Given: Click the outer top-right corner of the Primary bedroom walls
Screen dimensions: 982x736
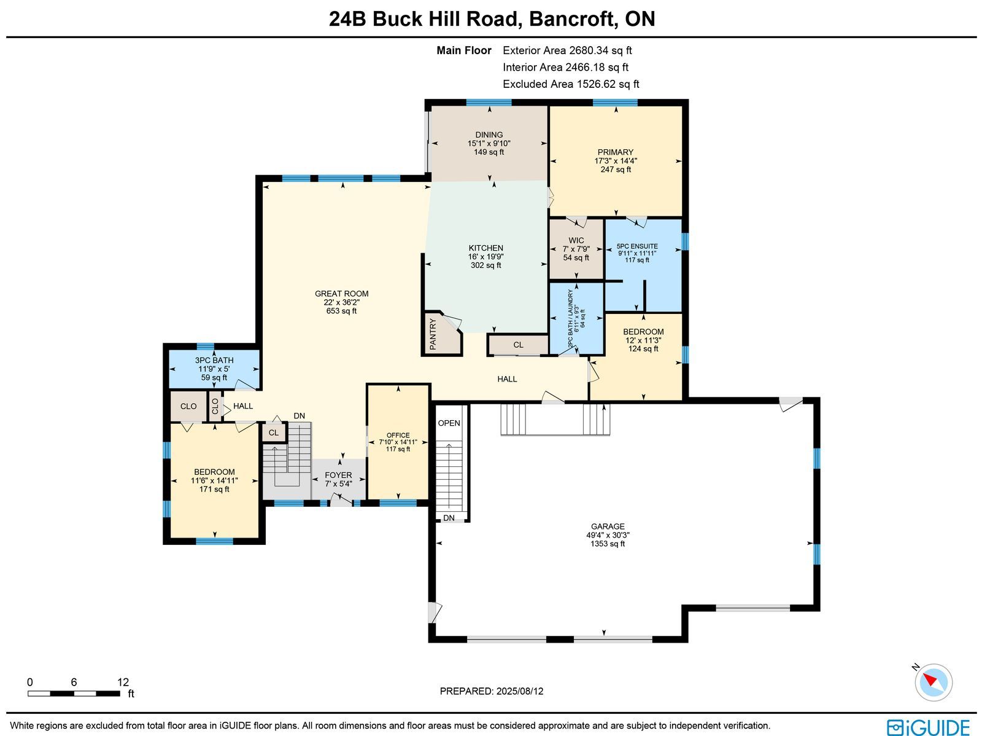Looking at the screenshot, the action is click(688, 100).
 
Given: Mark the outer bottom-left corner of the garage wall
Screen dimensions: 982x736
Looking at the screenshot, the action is click(428, 643).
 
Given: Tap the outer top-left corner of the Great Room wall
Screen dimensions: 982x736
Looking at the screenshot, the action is click(256, 176).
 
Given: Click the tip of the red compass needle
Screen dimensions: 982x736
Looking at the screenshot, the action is click(924, 676).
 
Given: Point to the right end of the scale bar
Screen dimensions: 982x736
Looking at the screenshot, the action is click(120, 694).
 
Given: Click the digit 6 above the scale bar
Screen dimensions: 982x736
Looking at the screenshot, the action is click(74, 682).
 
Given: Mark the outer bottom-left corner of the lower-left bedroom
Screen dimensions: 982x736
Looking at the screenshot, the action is click(163, 544).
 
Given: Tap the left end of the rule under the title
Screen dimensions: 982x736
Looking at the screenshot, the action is click(7, 37).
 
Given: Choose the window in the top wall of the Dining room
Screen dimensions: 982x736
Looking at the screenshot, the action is click(489, 103).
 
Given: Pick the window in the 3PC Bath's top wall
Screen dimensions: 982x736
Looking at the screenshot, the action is click(206, 346).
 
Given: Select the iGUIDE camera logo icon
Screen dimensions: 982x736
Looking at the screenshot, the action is click(895, 727).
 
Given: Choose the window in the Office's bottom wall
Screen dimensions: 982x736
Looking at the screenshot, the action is click(398, 503).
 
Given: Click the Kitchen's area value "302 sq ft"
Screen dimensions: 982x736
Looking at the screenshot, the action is click(486, 265).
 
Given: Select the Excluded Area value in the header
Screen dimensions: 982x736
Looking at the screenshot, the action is click(608, 84).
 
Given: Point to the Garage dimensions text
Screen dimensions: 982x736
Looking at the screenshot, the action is click(608, 535).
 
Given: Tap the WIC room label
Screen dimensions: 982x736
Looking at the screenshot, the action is click(576, 240).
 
